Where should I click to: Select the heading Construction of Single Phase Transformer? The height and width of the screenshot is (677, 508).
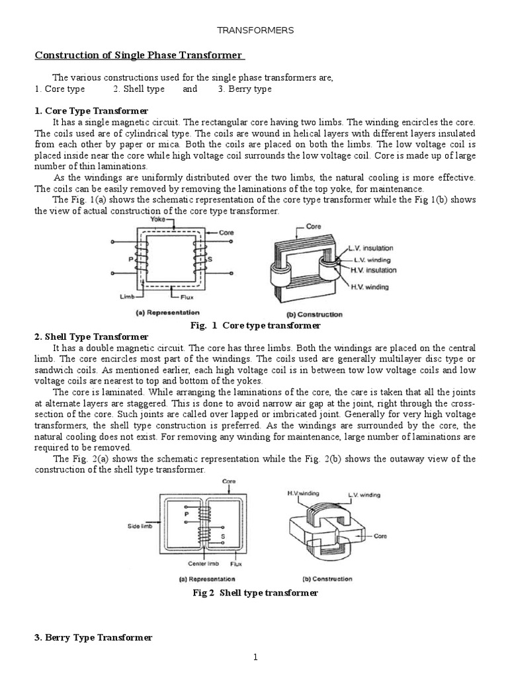(139, 55)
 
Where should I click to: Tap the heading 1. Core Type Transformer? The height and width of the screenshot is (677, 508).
(91, 110)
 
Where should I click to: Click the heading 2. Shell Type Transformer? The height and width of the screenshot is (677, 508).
(91, 337)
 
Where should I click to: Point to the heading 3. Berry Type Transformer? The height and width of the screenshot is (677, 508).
(93, 637)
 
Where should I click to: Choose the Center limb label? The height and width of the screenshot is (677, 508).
(198, 565)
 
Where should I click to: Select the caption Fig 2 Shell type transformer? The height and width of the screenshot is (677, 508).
(255, 593)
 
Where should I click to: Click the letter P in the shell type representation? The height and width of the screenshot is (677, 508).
(187, 512)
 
